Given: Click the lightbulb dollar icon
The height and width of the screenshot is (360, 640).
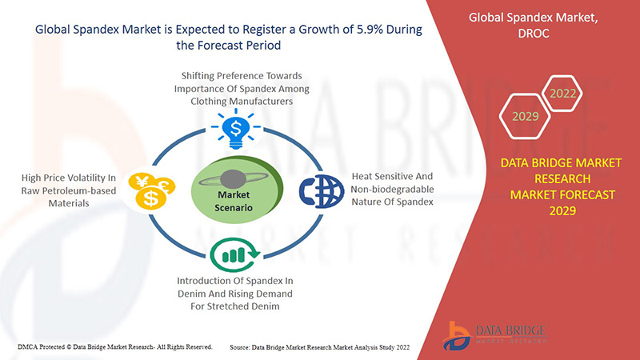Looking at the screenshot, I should click(234, 128).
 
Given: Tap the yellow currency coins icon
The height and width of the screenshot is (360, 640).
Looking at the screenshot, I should click(150, 190).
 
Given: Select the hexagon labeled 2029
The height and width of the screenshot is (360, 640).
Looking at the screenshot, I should click(525, 117).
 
